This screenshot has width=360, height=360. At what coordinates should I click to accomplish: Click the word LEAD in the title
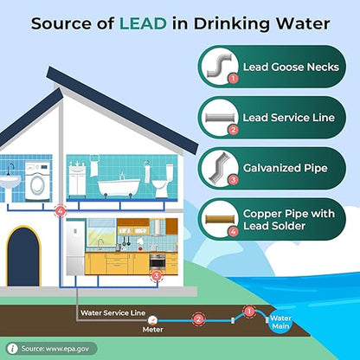[x=143, y=23]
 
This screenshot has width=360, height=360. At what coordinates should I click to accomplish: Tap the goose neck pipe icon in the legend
[x=219, y=66]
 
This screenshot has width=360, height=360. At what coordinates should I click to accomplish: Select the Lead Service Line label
[x=289, y=118]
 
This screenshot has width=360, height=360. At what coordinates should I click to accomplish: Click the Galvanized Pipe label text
[x=286, y=168]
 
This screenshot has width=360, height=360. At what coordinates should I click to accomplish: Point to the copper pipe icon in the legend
[x=219, y=219]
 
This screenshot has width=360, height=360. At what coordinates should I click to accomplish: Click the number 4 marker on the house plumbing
[x=61, y=211]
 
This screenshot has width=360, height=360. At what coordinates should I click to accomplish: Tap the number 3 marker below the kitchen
[x=157, y=276]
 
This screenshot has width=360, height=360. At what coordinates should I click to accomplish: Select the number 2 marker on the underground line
[x=198, y=319]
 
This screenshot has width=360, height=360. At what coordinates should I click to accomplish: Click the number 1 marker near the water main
[x=249, y=312]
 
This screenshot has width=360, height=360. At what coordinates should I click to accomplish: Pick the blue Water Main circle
[x=280, y=322]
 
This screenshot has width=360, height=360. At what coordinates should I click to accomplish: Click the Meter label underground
[x=152, y=330]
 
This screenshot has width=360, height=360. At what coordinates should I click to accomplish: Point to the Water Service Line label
[x=112, y=312]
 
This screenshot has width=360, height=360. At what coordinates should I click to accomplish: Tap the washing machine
[x=38, y=181]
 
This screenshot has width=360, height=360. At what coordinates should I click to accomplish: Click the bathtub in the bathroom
[x=119, y=187]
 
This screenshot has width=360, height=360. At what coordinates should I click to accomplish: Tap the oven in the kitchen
[x=157, y=261]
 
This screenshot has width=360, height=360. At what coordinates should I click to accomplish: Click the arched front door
[x=23, y=256]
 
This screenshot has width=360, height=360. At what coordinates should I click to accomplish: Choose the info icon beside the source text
[x=12, y=349]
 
